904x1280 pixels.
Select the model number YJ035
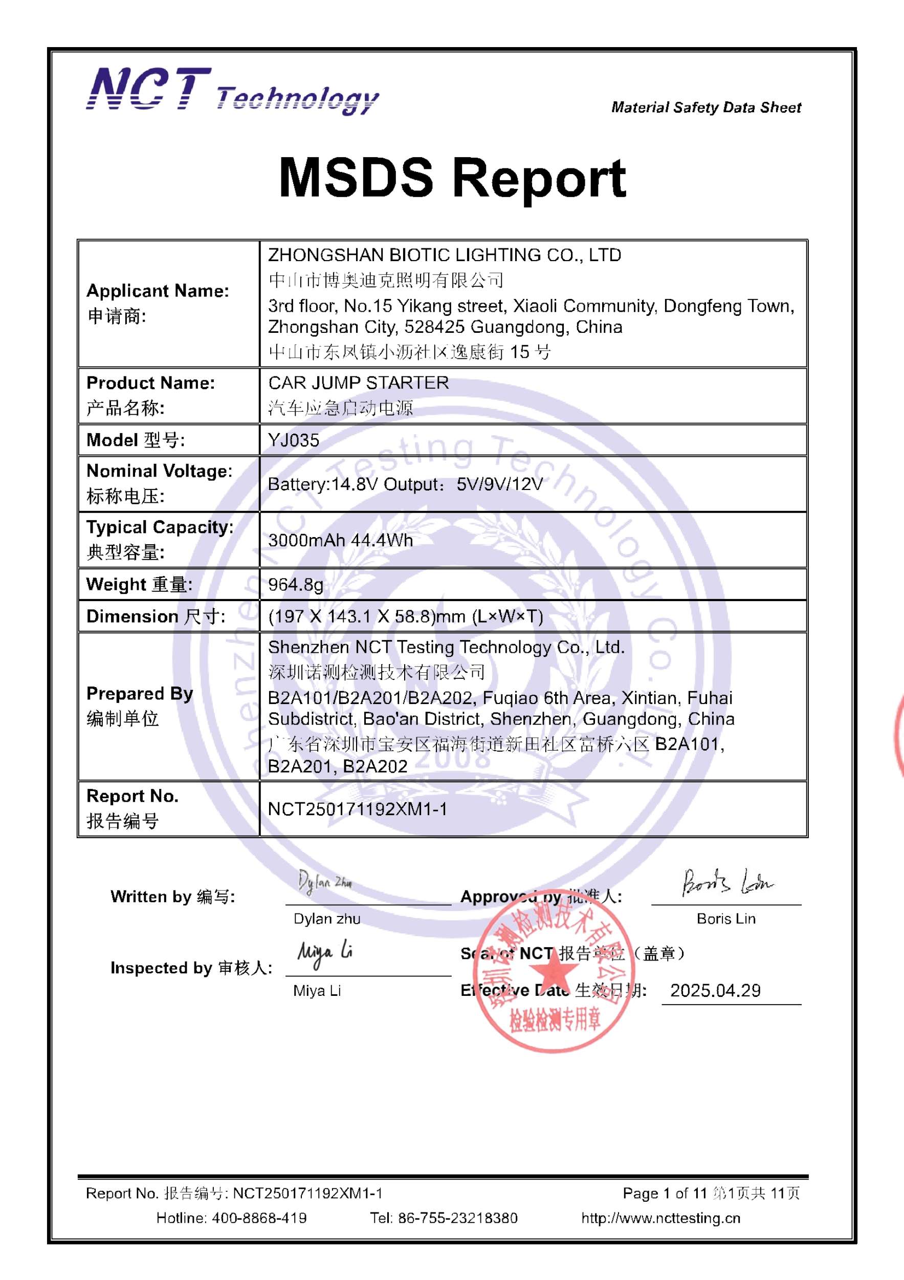[294, 440]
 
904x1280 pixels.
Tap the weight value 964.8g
[295, 584]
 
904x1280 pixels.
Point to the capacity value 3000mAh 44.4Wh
[340, 540]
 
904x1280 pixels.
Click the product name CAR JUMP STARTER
[358, 382]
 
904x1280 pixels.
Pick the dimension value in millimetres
[406, 616]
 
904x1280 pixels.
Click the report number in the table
[358, 809]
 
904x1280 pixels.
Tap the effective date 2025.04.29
[715, 990]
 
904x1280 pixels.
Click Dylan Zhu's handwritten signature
[324, 883]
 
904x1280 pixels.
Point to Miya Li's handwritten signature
[325, 954]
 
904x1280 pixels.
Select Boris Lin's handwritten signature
[726, 883]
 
